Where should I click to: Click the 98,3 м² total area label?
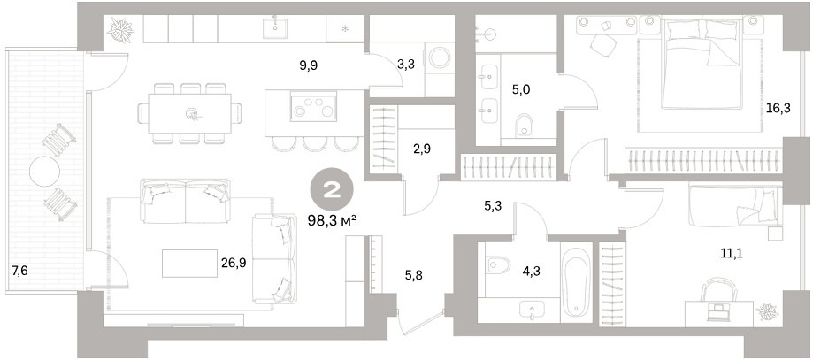[332, 221]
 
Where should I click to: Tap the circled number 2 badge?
[332, 191]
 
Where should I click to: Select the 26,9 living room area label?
[234, 263]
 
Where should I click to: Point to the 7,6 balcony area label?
[19, 271]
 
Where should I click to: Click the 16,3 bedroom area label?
[778, 109]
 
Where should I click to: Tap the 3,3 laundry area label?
[406, 65]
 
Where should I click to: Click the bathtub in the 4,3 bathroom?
[576, 282]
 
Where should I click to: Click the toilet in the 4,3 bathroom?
[498, 265]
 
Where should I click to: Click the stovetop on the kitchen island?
[313, 106]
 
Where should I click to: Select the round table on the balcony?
[44, 172]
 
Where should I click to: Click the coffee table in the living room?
[189, 264]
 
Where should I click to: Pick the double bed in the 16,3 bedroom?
[701, 65]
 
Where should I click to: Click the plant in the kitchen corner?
[121, 29]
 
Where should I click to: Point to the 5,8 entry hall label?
[413, 275]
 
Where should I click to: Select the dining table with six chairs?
[190, 113]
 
